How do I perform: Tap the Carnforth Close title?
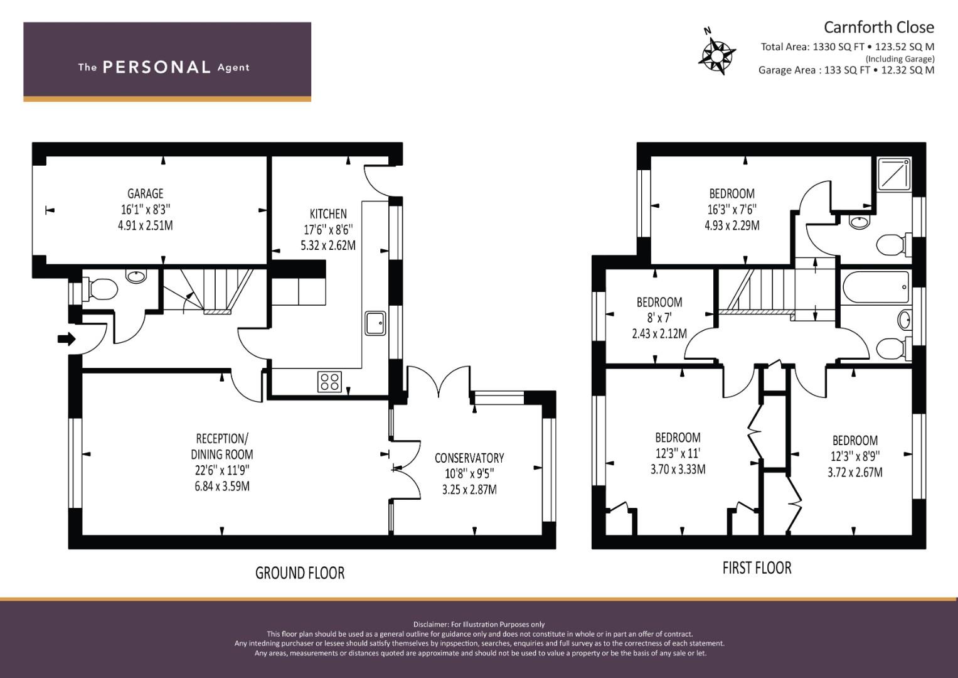click(x=879, y=28)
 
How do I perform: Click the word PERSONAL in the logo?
click(x=157, y=67)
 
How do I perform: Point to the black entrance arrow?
click(x=67, y=340)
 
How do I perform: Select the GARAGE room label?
click(x=146, y=194)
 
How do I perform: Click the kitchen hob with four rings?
click(x=330, y=382)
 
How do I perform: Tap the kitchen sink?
click(x=375, y=323)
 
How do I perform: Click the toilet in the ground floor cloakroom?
click(x=100, y=289)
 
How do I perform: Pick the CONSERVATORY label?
click(x=469, y=458)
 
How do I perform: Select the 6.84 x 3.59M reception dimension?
click(x=222, y=487)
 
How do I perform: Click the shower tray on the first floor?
click(x=893, y=174)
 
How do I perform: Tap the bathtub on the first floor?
click(x=875, y=288)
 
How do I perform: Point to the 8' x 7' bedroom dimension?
click(x=659, y=318)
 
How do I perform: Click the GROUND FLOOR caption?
click(x=300, y=573)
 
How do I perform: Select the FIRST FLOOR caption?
click(x=757, y=568)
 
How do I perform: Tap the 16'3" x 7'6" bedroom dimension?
click(x=732, y=210)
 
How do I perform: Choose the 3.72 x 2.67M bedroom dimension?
click(x=855, y=472)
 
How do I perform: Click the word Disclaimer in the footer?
click(x=430, y=625)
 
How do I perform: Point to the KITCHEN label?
click(x=328, y=214)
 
